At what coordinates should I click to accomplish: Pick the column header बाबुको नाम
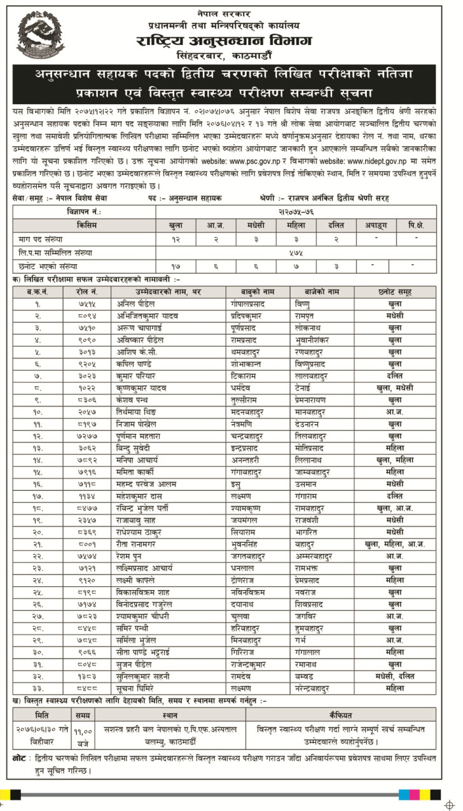pos(253,292)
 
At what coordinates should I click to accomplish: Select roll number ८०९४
pos(88,315)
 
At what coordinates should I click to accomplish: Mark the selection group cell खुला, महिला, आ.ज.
pos(394,544)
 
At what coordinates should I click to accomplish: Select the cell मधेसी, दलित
pos(394,676)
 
